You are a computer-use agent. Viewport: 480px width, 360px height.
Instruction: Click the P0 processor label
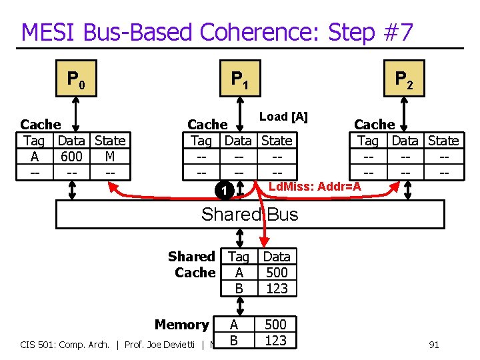tap(75, 81)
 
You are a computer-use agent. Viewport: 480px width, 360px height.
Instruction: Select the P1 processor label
tap(240, 81)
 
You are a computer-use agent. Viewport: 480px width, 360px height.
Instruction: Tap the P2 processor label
tap(404, 81)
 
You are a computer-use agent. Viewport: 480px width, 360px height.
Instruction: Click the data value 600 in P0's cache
tap(71, 157)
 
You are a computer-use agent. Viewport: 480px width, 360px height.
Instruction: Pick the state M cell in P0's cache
tap(109, 157)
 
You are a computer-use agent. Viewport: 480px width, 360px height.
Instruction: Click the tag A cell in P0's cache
tap(34, 157)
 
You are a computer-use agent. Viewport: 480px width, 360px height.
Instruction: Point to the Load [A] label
tap(283, 117)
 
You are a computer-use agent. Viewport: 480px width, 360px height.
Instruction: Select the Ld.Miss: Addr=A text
tap(314, 187)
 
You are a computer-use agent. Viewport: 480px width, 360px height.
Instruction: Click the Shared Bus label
tap(249, 214)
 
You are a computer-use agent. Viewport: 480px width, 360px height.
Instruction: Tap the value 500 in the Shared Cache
tap(277, 273)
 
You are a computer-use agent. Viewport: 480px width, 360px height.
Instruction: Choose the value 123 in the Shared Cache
tap(277, 288)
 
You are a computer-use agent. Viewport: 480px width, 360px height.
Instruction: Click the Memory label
tap(181, 325)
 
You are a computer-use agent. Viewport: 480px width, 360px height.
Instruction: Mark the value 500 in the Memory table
tap(275, 325)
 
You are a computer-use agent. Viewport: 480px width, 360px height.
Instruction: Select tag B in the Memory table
tap(233, 340)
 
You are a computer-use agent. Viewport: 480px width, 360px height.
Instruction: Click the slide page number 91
tap(433, 345)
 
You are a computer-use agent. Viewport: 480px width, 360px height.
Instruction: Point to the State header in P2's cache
tap(443, 141)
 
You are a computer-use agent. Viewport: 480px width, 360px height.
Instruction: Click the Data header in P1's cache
tap(238, 141)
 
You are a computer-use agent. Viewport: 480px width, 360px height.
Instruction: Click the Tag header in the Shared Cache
tap(238, 257)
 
